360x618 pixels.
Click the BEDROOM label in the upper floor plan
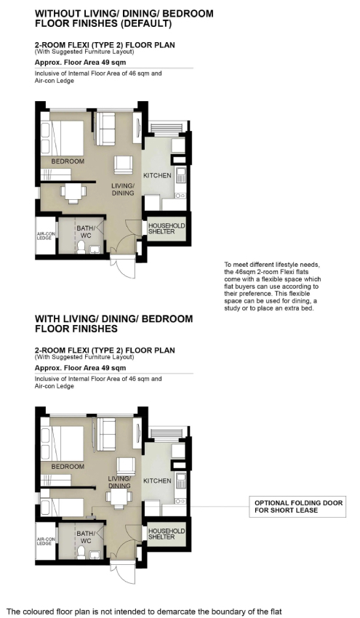coord(68,161)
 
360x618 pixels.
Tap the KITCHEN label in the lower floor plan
coord(157,481)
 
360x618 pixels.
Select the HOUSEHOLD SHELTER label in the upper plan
coord(167,228)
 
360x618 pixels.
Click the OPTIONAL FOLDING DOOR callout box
coord(298,507)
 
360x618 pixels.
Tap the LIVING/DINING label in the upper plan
coord(123,189)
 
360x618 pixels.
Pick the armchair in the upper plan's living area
coord(124,164)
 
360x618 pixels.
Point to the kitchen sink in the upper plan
coord(181,175)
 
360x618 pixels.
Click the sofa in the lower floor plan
coord(105,434)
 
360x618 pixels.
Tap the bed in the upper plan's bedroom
coord(63,137)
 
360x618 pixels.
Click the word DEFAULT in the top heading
coord(146,24)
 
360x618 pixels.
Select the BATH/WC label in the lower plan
coord(86,537)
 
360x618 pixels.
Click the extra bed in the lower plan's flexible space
coord(63,507)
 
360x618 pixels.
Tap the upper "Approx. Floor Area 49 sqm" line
coord(81,63)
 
